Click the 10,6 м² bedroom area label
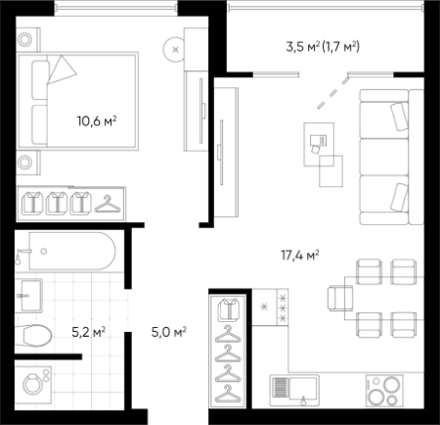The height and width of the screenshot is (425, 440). (x=97, y=121)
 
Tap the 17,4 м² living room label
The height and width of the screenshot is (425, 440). (x=300, y=256)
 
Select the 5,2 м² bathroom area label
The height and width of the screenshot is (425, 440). (x=88, y=332)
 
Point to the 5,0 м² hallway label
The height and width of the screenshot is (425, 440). (x=169, y=332)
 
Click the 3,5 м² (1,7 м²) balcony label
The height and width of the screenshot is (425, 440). (x=323, y=47)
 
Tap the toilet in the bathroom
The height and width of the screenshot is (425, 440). (x=33, y=335)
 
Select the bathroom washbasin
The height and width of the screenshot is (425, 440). (x=30, y=296)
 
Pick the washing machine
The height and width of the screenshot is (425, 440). (x=33, y=384)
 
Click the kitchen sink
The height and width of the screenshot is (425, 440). (x=294, y=391)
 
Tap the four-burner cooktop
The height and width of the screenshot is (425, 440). (x=384, y=391)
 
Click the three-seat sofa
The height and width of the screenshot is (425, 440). (x=391, y=157)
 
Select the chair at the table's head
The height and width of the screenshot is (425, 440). (x=340, y=298)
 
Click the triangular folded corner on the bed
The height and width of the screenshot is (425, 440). (x=61, y=70)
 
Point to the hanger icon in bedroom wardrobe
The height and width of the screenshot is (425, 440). (x=108, y=204)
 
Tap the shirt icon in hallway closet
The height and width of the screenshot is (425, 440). (x=229, y=309)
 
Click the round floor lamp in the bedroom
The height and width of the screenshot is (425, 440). (x=174, y=50)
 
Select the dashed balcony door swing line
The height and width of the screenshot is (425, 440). (x=332, y=93)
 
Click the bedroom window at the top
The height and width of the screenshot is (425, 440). (x=115, y=8)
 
